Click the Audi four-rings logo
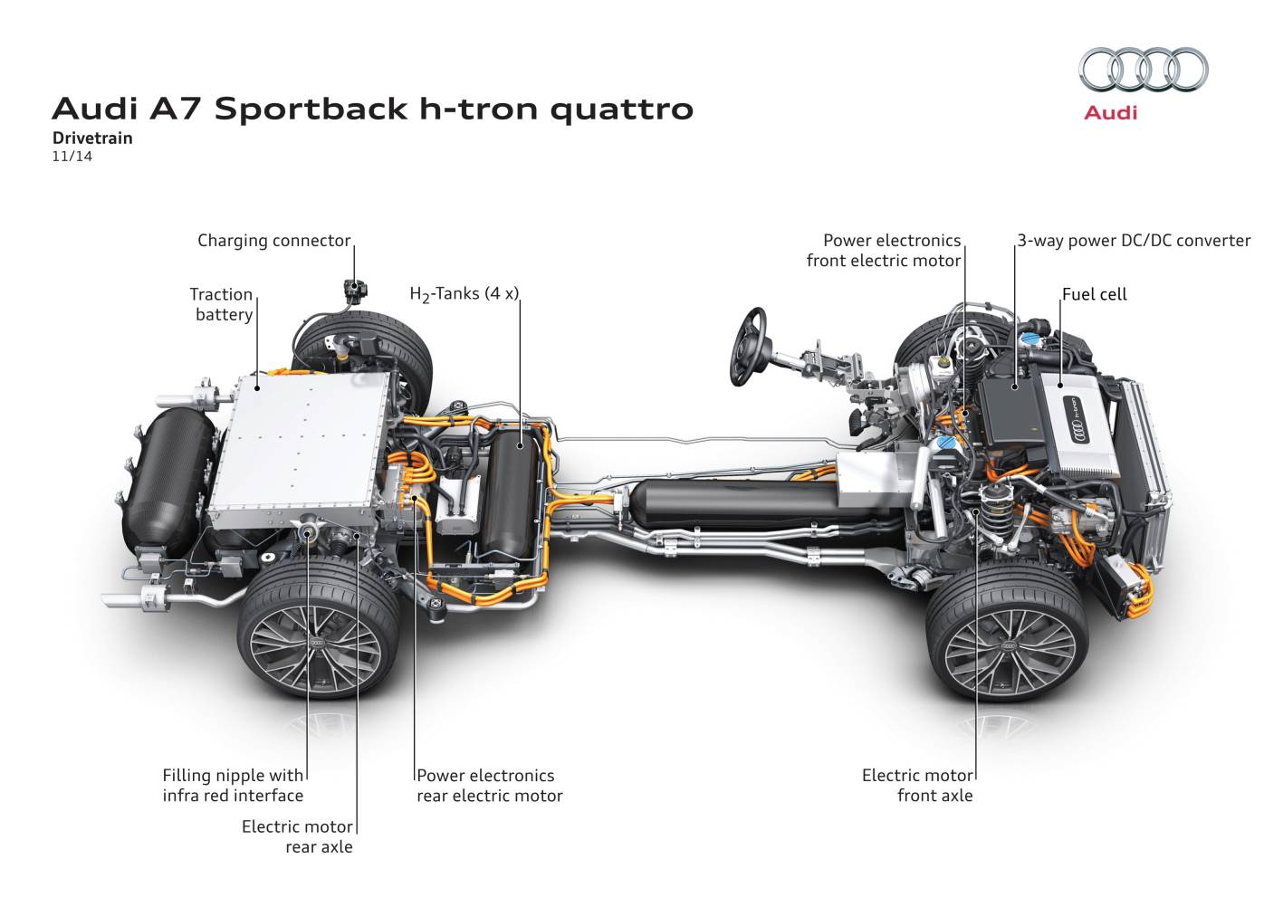(1143, 70)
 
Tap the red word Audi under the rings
(1110, 113)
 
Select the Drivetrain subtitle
(92, 138)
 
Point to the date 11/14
(72, 156)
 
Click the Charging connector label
(273, 241)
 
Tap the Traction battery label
(222, 304)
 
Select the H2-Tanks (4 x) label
(464, 294)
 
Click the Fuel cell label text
(1094, 294)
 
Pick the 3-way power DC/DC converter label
(1134, 241)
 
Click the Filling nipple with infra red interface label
(233, 786)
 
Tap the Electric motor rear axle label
(297, 836)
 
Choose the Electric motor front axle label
(917, 786)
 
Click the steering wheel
(750, 345)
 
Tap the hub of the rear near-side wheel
(317, 642)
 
